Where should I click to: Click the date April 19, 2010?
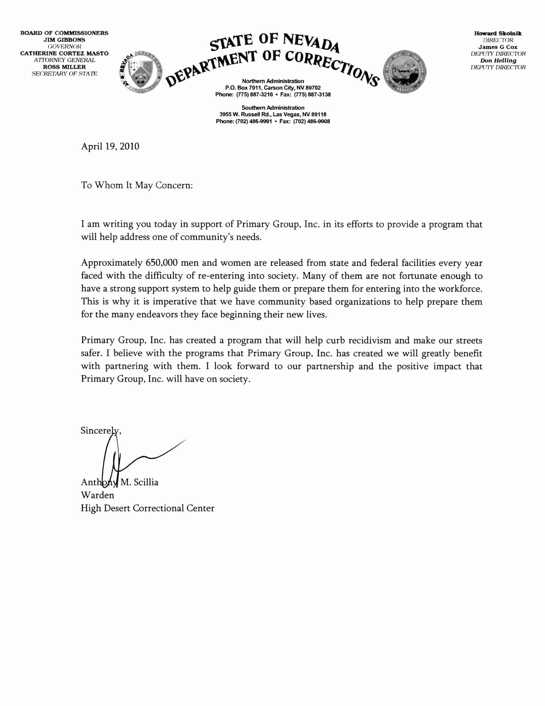(110, 146)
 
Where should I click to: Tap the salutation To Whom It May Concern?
(137, 185)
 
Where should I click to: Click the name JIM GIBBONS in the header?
(64, 40)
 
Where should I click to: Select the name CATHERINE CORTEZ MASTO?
(64, 53)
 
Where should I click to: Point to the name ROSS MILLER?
(64, 67)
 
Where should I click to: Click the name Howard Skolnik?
(498, 33)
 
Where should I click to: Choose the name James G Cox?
(498, 47)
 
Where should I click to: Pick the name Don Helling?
(498, 60)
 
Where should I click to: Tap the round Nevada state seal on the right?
(404, 72)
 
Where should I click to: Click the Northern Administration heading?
(273, 81)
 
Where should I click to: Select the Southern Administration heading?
(273, 108)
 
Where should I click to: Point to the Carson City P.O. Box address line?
(273, 88)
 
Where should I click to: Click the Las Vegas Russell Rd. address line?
(273, 115)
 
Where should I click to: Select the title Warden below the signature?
(97, 495)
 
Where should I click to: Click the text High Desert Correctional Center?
(147, 508)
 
